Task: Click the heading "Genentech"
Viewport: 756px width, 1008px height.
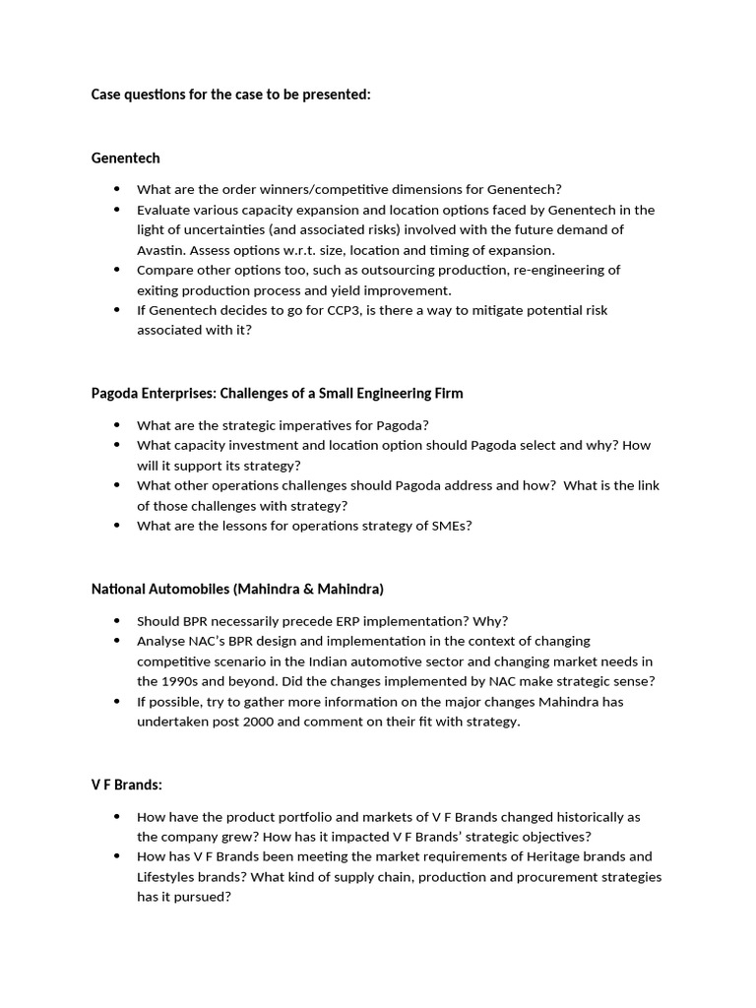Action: tap(125, 157)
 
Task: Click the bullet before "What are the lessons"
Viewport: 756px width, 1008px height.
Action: tap(117, 526)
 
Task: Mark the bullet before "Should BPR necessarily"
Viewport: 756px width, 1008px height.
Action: tap(117, 621)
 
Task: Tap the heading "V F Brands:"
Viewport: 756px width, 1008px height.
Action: tap(127, 785)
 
